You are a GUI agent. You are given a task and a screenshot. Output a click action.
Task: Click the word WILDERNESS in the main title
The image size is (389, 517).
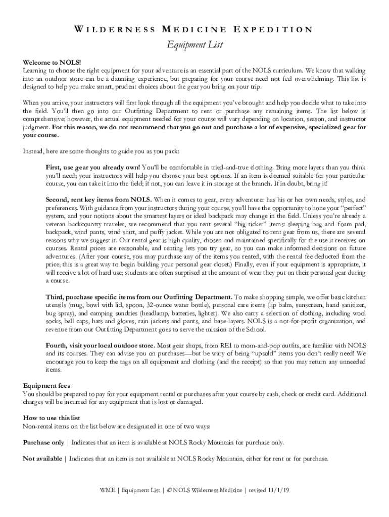click(114, 29)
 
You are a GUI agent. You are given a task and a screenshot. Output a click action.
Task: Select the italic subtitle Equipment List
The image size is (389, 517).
click(194, 45)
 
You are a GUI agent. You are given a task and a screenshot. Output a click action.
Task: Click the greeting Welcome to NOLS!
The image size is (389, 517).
click(45, 62)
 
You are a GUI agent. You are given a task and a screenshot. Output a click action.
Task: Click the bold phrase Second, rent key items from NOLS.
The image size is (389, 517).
click(99, 199)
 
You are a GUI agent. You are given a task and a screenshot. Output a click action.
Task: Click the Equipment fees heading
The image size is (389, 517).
click(46, 386)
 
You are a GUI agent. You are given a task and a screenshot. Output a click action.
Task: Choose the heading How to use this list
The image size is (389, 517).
click(52, 418)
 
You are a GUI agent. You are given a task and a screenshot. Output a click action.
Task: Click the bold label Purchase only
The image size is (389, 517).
click(43, 443)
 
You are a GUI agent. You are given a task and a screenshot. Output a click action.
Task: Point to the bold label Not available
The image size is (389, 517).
click(42, 459)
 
